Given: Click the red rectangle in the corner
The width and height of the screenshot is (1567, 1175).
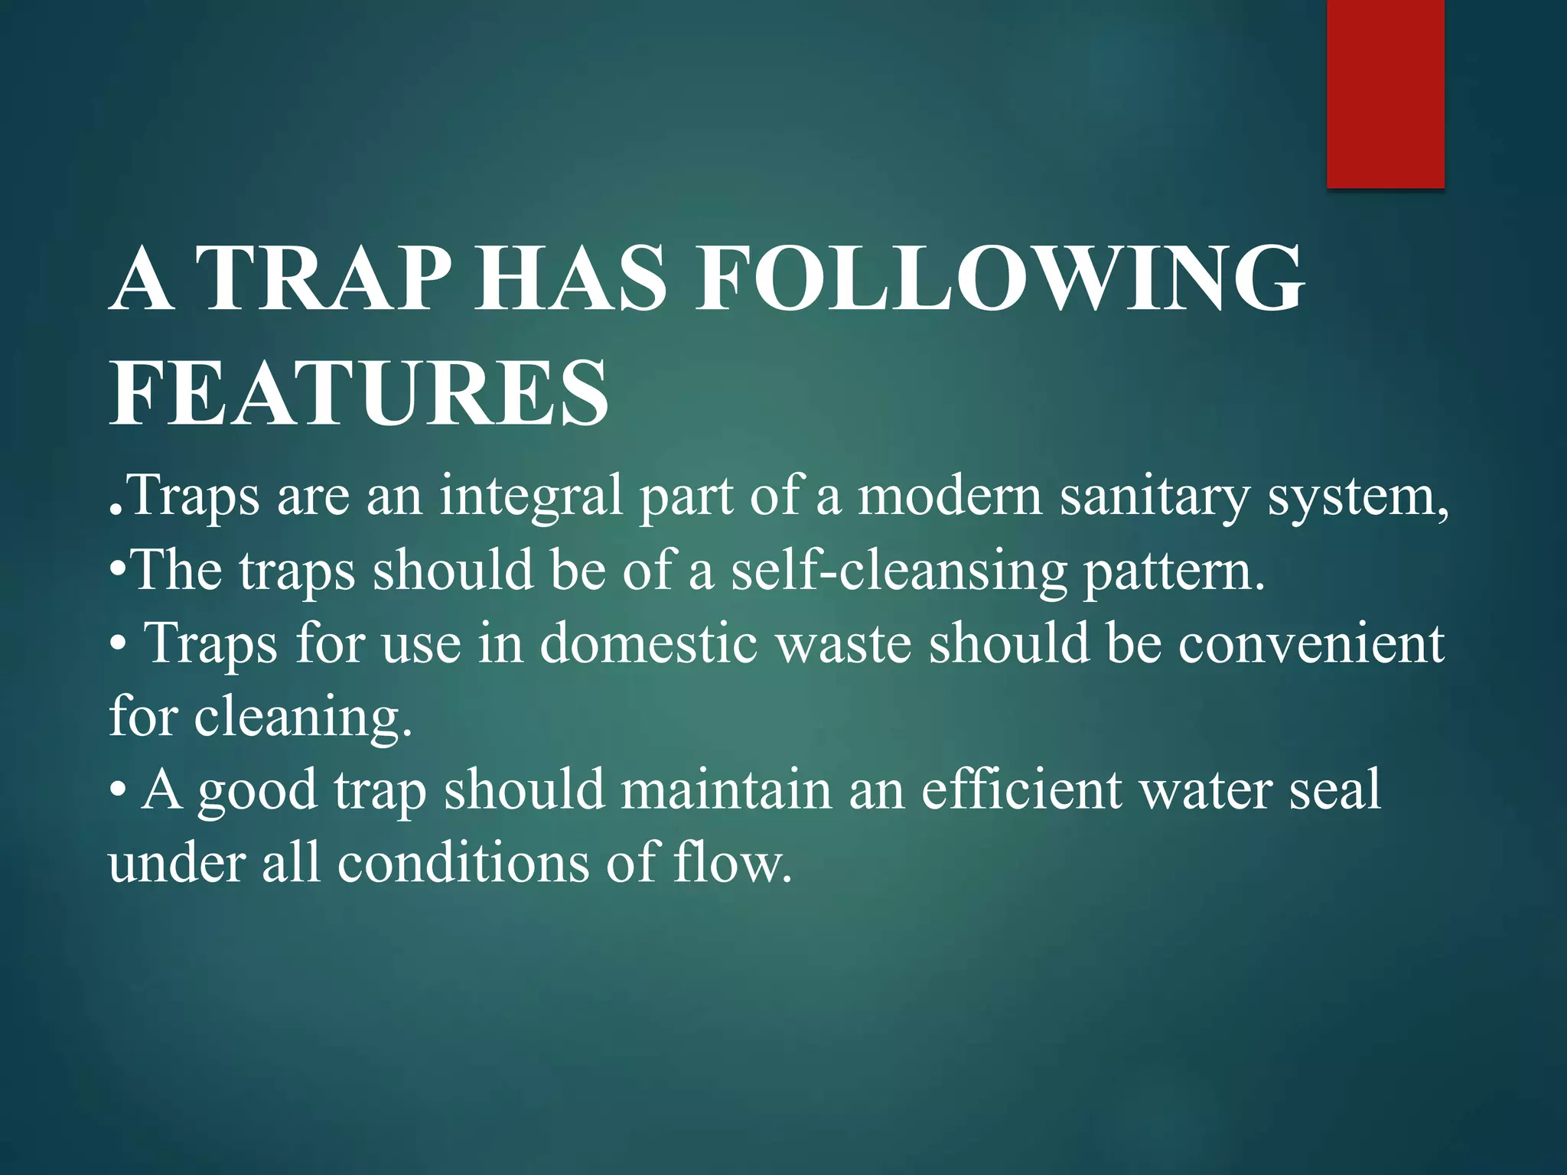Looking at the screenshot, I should pos(1385,93).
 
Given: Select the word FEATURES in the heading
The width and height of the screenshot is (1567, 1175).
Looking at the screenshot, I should pos(360,394).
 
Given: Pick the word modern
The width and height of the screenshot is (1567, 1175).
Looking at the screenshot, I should pos(950,496).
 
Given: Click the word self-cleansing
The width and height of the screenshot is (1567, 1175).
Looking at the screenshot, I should pos(899,571).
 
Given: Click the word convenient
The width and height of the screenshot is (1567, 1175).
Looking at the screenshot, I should pos(1311,644).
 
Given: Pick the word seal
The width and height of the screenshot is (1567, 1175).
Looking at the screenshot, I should pos(1335,789).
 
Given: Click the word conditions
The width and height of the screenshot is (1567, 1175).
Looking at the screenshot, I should pos(464,863).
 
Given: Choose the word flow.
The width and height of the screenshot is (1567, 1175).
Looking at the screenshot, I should pos(732,863).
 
